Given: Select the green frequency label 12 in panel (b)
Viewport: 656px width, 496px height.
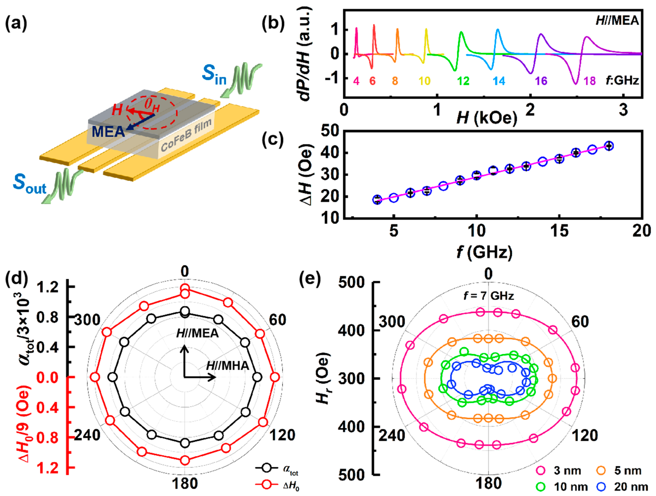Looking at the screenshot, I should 463,81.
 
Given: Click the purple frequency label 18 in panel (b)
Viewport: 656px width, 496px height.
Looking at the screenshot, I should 590,81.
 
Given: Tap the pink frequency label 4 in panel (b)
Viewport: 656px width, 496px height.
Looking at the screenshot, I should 356,81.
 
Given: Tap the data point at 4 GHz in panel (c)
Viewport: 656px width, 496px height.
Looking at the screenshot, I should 377,200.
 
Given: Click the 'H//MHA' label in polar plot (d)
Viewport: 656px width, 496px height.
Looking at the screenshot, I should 228,366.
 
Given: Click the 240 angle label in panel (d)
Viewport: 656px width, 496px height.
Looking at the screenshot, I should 87,435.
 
